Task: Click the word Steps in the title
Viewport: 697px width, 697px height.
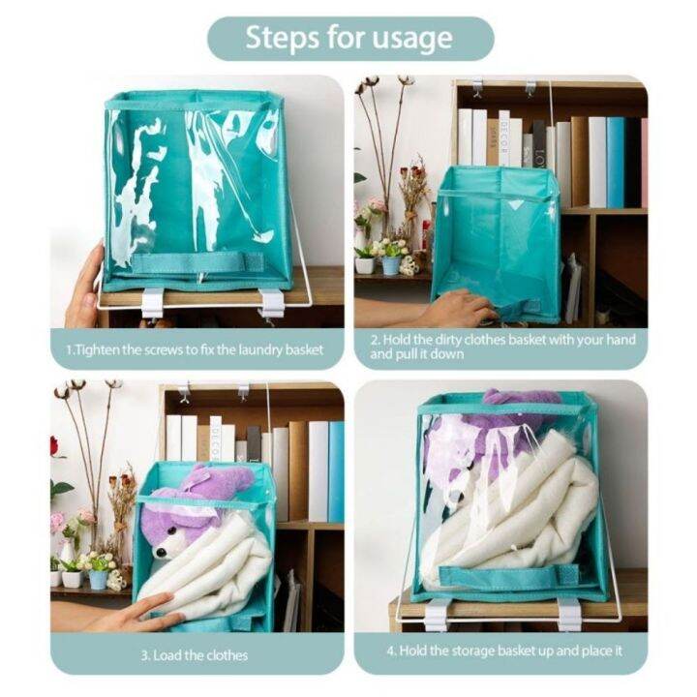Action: click(x=282, y=39)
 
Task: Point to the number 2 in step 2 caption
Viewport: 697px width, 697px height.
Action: click(x=376, y=340)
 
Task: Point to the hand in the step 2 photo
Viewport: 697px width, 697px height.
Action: click(x=456, y=310)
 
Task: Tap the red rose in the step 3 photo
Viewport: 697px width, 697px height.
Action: click(x=55, y=446)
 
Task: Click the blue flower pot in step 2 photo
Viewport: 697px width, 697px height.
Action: click(x=390, y=264)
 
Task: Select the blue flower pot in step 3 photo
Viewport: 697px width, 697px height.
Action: click(x=99, y=579)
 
